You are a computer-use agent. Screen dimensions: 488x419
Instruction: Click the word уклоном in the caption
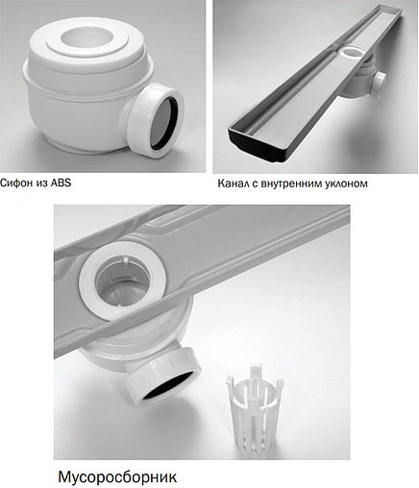point(369,183)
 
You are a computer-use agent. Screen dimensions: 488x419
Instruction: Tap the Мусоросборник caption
point(118,475)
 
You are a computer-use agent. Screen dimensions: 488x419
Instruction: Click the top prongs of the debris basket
point(246,373)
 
